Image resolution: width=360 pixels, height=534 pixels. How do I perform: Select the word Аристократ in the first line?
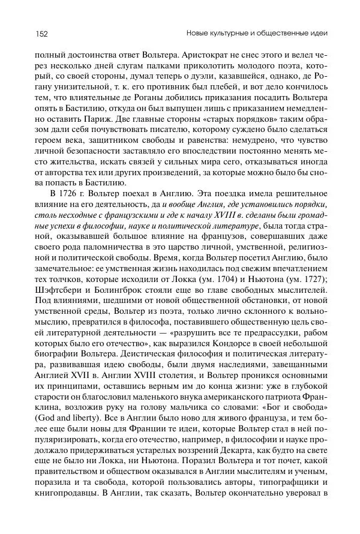209,53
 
